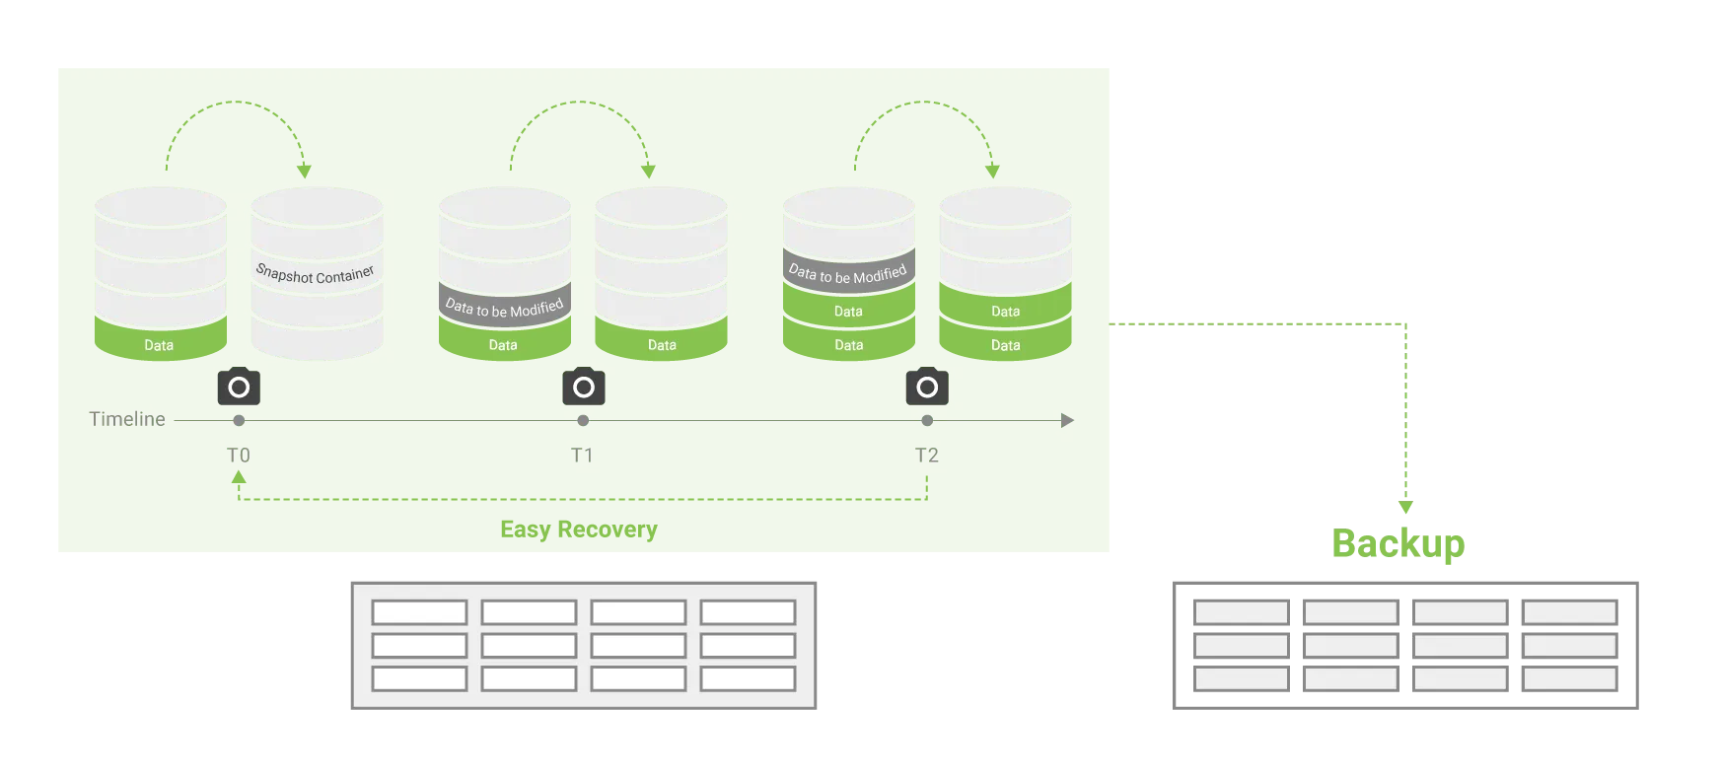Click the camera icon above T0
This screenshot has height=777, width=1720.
coord(239,387)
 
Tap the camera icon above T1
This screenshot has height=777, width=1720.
coord(584,387)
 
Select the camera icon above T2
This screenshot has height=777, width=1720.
coord(927,387)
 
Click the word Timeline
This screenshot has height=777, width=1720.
coord(127,419)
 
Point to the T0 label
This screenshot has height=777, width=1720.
coord(239,456)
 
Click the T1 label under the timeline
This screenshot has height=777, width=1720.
coord(582,456)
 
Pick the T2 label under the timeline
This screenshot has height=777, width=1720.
coord(927,456)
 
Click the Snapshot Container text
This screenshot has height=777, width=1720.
coord(316,274)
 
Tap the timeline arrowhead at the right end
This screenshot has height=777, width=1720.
coord(1067,421)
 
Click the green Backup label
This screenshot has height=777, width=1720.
coord(1398,543)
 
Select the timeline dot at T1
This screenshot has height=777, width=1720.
coord(583,421)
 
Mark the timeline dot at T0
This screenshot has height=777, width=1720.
coord(239,421)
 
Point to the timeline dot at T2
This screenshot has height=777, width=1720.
coord(927,421)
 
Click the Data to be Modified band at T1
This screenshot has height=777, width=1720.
coord(504,308)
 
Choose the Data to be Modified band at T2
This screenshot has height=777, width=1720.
coord(848,274)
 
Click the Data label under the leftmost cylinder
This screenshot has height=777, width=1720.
coord(159,345)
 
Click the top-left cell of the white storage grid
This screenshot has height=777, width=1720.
coord(419,612)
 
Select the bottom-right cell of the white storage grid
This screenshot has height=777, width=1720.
coord(748,678)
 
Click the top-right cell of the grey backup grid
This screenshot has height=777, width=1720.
coord(1569,612)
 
